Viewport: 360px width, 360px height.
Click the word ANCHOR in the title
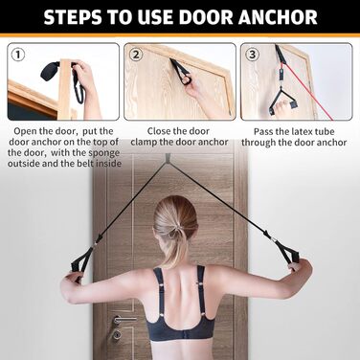tap(278, 17)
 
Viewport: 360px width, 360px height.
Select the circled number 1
tap(18, 55)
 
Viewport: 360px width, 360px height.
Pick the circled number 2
tap(136, 55)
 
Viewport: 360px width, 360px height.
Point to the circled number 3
tap(253, 55)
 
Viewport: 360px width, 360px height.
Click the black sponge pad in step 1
tap(50, 72)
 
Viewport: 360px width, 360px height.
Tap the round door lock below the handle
tap(118, 335)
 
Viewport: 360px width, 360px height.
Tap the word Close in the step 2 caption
tap(158, 131)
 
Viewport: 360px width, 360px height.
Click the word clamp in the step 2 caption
tap(144, 143)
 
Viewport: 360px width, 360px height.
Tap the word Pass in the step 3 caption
tap(262, 132)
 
